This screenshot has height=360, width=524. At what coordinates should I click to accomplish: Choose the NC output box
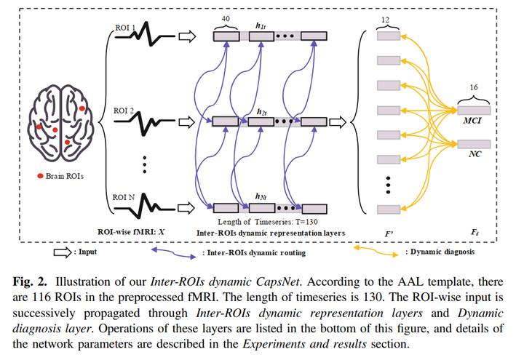pos(474,144)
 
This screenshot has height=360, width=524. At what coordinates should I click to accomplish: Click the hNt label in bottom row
pos(261,196)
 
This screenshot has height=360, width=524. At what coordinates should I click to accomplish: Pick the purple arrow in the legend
pos(174,252)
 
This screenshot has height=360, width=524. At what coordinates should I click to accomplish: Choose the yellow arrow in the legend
pos(376,252)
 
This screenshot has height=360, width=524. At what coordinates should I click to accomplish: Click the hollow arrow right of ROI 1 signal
pos(188,35)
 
